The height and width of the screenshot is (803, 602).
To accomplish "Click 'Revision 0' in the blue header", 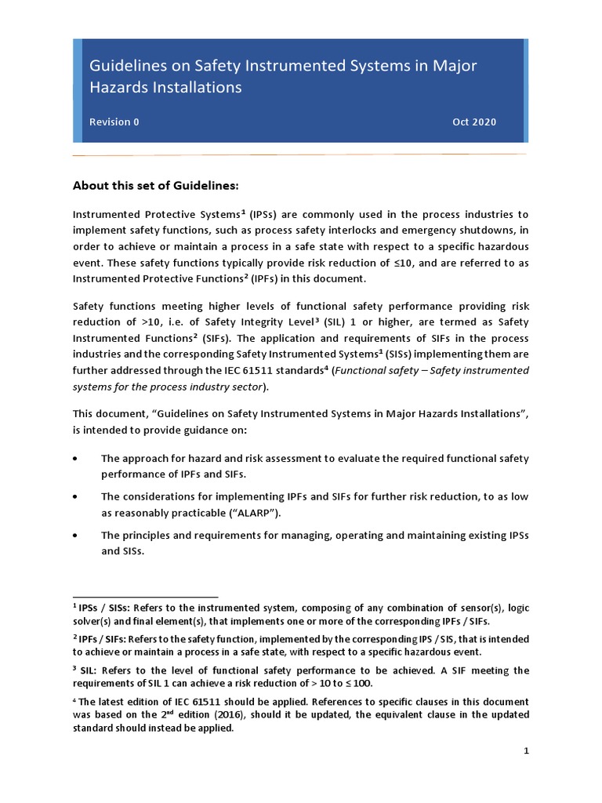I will (x=114, y=122).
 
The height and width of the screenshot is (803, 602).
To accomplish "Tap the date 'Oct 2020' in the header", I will (x=473, y=122).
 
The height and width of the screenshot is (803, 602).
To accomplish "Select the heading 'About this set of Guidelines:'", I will (x=154, y=186).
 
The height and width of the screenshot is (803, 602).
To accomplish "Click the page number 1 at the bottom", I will (x=527, y=750).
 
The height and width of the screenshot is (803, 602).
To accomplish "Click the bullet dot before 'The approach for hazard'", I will (x=75, y=459).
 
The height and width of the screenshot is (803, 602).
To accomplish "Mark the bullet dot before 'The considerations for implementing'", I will (x=75, y=497).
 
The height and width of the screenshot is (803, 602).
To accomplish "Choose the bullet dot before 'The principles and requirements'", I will (x=75, y=536).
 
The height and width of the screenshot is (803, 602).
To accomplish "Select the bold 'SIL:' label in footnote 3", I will (x=89, y=670).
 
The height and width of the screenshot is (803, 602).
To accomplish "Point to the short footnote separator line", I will (x=145, y=597).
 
